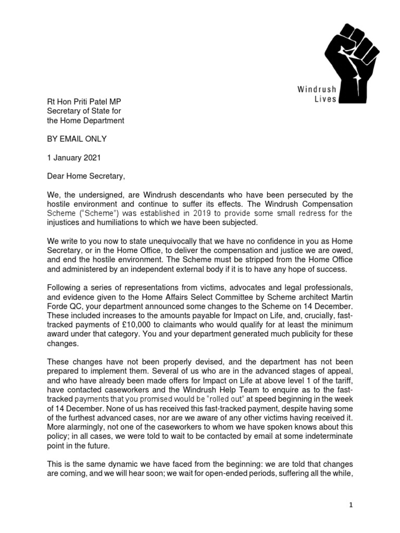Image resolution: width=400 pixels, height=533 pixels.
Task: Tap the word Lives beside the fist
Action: tap(326, 99)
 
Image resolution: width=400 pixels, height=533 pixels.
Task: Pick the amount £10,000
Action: tap(151, 326)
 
